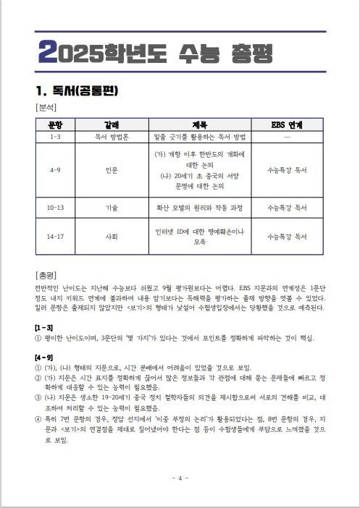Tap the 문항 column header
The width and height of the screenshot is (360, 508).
coord(55,124)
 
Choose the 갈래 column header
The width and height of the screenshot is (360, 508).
coord(112,124)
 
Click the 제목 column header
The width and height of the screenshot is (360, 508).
coord(200,124)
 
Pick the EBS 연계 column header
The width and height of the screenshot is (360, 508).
coord(287,124)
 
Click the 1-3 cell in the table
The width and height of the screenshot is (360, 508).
coord(55,135)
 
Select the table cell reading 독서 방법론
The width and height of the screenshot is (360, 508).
coord(112,135)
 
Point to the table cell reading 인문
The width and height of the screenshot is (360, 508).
coord(112,170)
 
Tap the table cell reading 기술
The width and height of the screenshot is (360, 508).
coord(112,207)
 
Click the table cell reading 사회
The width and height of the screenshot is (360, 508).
coord(112,237)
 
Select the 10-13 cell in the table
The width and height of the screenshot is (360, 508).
coord(55,207)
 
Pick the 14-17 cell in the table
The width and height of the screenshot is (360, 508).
coord(55,237)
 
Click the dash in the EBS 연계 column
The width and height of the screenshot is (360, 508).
coord(287,135)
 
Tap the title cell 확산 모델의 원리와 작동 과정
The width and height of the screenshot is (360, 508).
coord(200,207)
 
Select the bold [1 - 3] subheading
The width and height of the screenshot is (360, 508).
coord(44,327)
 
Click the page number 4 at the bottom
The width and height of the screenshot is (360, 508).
coord(180,478)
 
